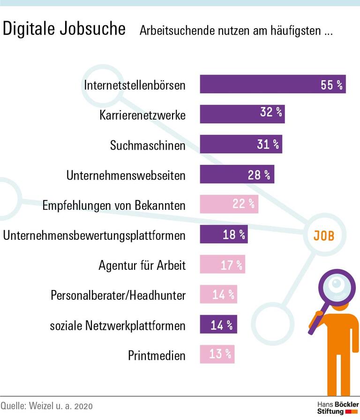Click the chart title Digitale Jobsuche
point(64,29)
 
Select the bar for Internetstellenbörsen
point(272,84)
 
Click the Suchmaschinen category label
point(148,145)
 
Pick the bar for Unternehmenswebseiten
point(237,175)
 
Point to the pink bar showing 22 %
point(229,204)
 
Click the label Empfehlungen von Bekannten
point(114,205)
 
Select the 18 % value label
point(233,235)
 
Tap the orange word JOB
point(324,236)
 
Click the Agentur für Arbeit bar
point(222,265)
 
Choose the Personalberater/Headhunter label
point(118,295)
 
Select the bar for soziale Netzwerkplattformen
point(218,324)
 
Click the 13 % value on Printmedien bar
point(220,354)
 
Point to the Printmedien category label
point(157,355)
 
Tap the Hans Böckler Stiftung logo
point(337,407)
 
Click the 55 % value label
point(331,84)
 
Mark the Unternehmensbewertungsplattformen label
point(94,235)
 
